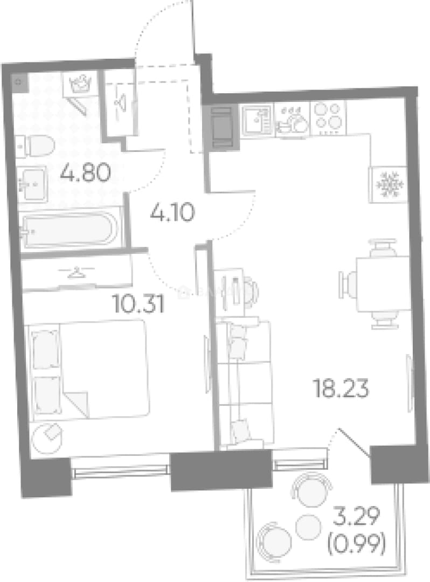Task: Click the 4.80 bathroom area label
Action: click(x=86, y=173)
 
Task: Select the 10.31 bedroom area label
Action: click(x=139, y=304)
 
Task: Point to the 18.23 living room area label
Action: click(x=341, y=389)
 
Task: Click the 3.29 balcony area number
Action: click(x=356, y=516)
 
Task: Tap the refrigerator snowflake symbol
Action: click(x=389, y=184)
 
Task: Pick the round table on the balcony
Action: click(x=308, y=527)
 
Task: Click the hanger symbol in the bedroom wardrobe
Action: click(x=77, y=272)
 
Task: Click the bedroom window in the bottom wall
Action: click(x=121, y=472)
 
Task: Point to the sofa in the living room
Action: click(x=245, y=384)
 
